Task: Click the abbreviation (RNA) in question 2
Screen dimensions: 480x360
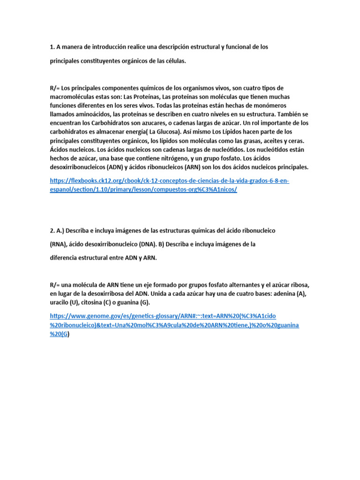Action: pos(59,244)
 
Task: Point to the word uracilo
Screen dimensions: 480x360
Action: pos(60,302)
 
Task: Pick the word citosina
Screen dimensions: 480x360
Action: pos(96,302)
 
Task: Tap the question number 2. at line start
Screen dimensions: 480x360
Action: pos(52,231)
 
